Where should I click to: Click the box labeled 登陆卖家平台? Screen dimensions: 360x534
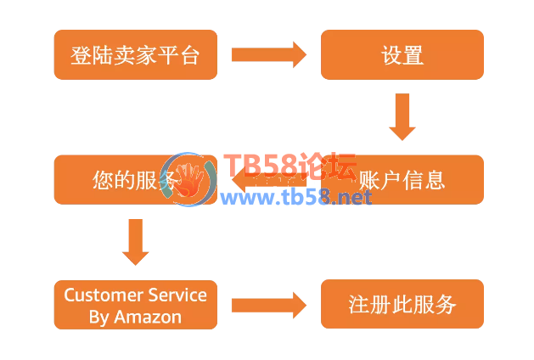click(136, 55)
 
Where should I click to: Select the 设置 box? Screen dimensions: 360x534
click(402, 55)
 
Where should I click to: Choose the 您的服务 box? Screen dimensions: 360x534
click(110, 179)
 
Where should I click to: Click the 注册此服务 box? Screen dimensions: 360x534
click(402, 305)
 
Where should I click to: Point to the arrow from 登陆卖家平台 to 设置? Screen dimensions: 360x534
click(268, 55)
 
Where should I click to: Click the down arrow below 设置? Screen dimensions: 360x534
click(402, 116)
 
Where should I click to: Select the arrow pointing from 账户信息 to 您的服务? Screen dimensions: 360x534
click(263, 179)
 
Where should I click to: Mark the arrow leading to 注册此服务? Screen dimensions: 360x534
click(268, 305)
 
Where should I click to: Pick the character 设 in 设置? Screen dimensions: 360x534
click(391, 56)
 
